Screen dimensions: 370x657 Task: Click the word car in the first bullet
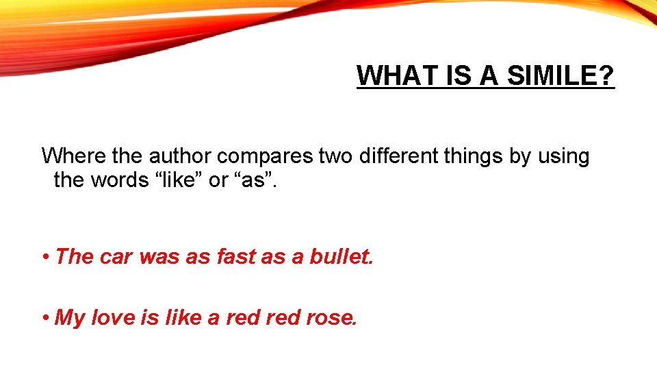click(117, 256)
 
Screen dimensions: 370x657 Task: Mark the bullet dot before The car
click(44, 256)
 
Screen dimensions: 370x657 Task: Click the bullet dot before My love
click(44, 317)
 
